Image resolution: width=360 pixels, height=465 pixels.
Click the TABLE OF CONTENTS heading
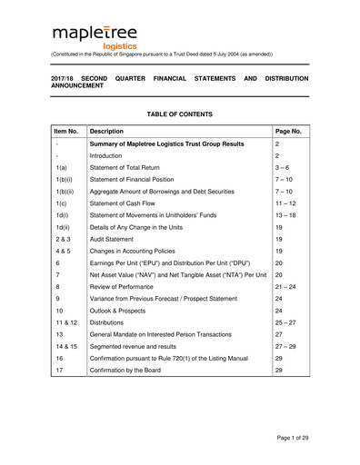[179, 114]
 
